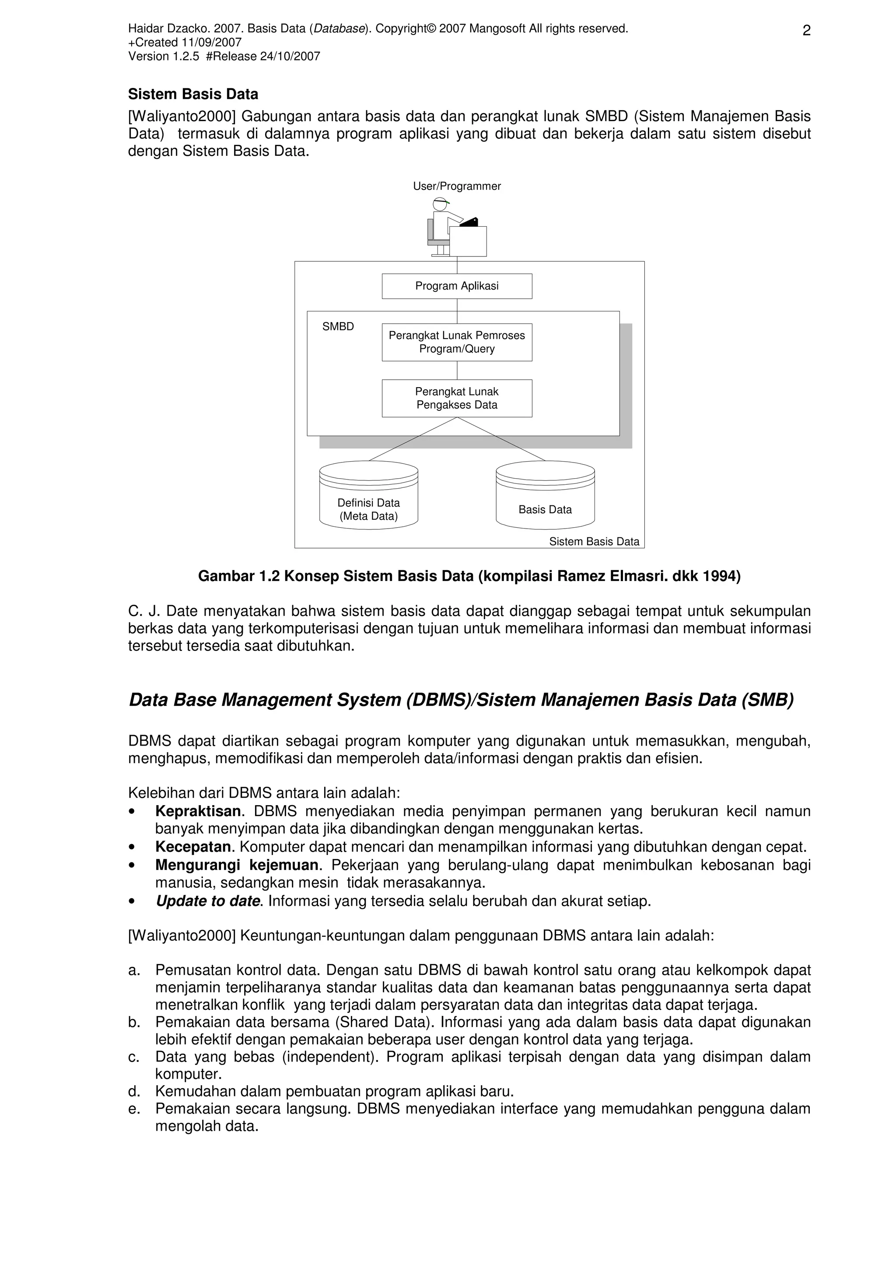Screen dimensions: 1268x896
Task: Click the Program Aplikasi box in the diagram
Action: tap(457, 286)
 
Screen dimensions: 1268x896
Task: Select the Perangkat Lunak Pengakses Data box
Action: tap(457, 398)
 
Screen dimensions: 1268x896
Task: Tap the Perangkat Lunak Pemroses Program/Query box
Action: tap(457, 343)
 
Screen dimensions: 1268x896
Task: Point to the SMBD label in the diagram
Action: tap(338, 327)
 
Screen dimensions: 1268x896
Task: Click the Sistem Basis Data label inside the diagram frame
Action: tap(594, 542)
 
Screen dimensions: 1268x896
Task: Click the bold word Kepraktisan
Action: tap(198, 811)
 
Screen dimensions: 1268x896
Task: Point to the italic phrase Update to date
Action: tap(207, 901)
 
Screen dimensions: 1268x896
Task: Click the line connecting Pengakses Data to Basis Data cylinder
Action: tap(501, 439)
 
